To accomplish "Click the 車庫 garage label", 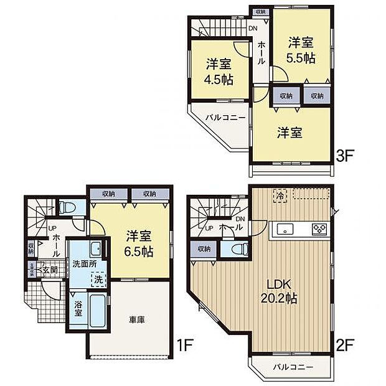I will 138,319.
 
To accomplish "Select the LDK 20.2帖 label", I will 282,292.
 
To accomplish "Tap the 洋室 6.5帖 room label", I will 139,244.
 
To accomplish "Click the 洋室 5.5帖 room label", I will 300,49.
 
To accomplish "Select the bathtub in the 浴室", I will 96,311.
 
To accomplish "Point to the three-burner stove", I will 319,228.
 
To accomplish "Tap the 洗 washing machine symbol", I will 98,280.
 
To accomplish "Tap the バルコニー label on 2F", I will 291,366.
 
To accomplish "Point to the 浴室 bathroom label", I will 78,308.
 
